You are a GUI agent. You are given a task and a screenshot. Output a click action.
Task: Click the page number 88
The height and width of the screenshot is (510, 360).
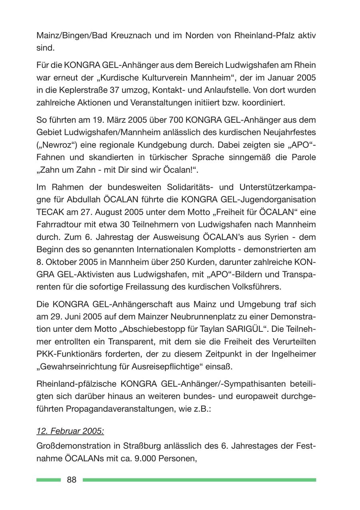(72, 480)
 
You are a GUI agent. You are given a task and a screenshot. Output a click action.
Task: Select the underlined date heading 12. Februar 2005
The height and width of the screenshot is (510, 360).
(70, 431)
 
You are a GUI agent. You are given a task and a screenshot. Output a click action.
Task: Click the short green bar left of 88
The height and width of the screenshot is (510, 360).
(48, 480)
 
